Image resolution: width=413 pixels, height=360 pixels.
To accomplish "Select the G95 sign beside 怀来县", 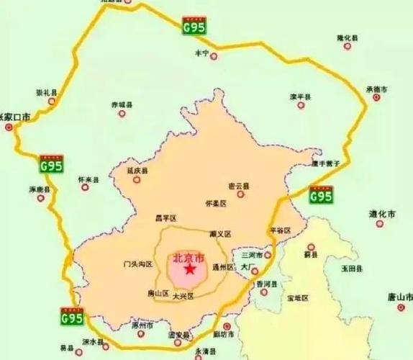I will pos(51,164).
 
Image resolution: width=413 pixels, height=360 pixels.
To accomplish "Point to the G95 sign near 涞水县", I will pos(71,317).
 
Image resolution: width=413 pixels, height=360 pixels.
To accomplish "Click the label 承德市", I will pos(376,89).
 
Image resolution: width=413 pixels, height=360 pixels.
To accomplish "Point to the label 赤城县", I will pos(123,105).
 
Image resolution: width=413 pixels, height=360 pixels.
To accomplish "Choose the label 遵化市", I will pos(383,215).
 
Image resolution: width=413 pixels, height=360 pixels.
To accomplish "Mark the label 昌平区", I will pos(165,217).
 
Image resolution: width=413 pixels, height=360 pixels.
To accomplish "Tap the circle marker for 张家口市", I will pos(9,127).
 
